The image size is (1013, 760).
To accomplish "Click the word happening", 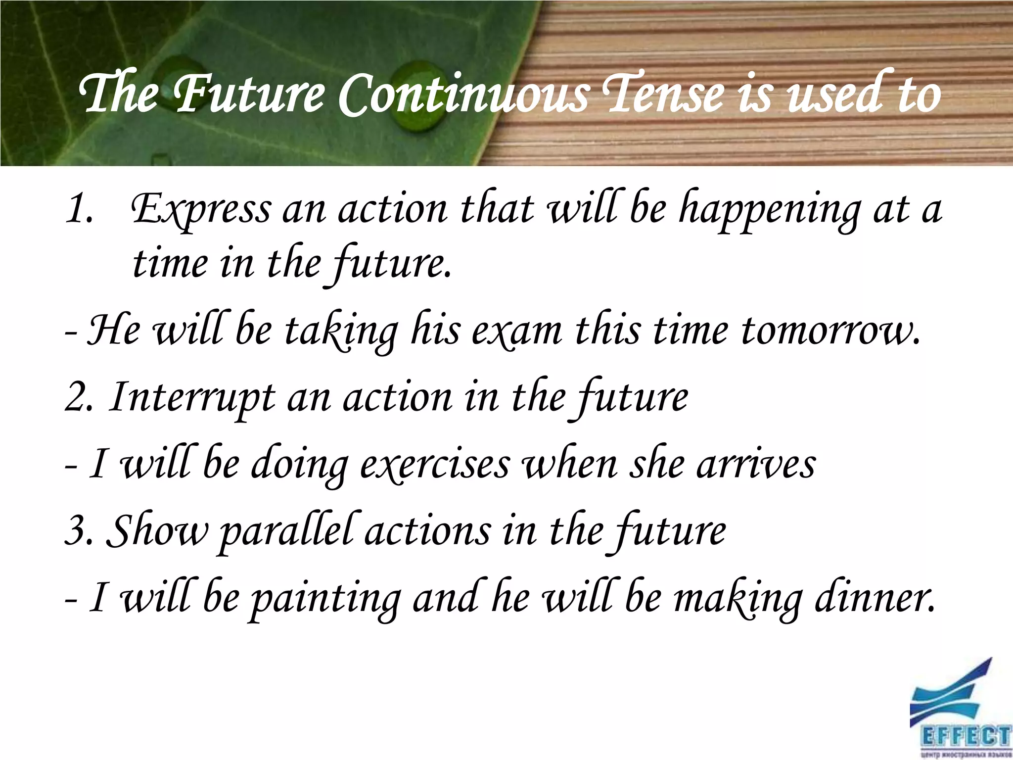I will [769, 210].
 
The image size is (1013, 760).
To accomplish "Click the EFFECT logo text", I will [965, 737].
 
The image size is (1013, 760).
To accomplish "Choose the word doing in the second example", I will [299, 465].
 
